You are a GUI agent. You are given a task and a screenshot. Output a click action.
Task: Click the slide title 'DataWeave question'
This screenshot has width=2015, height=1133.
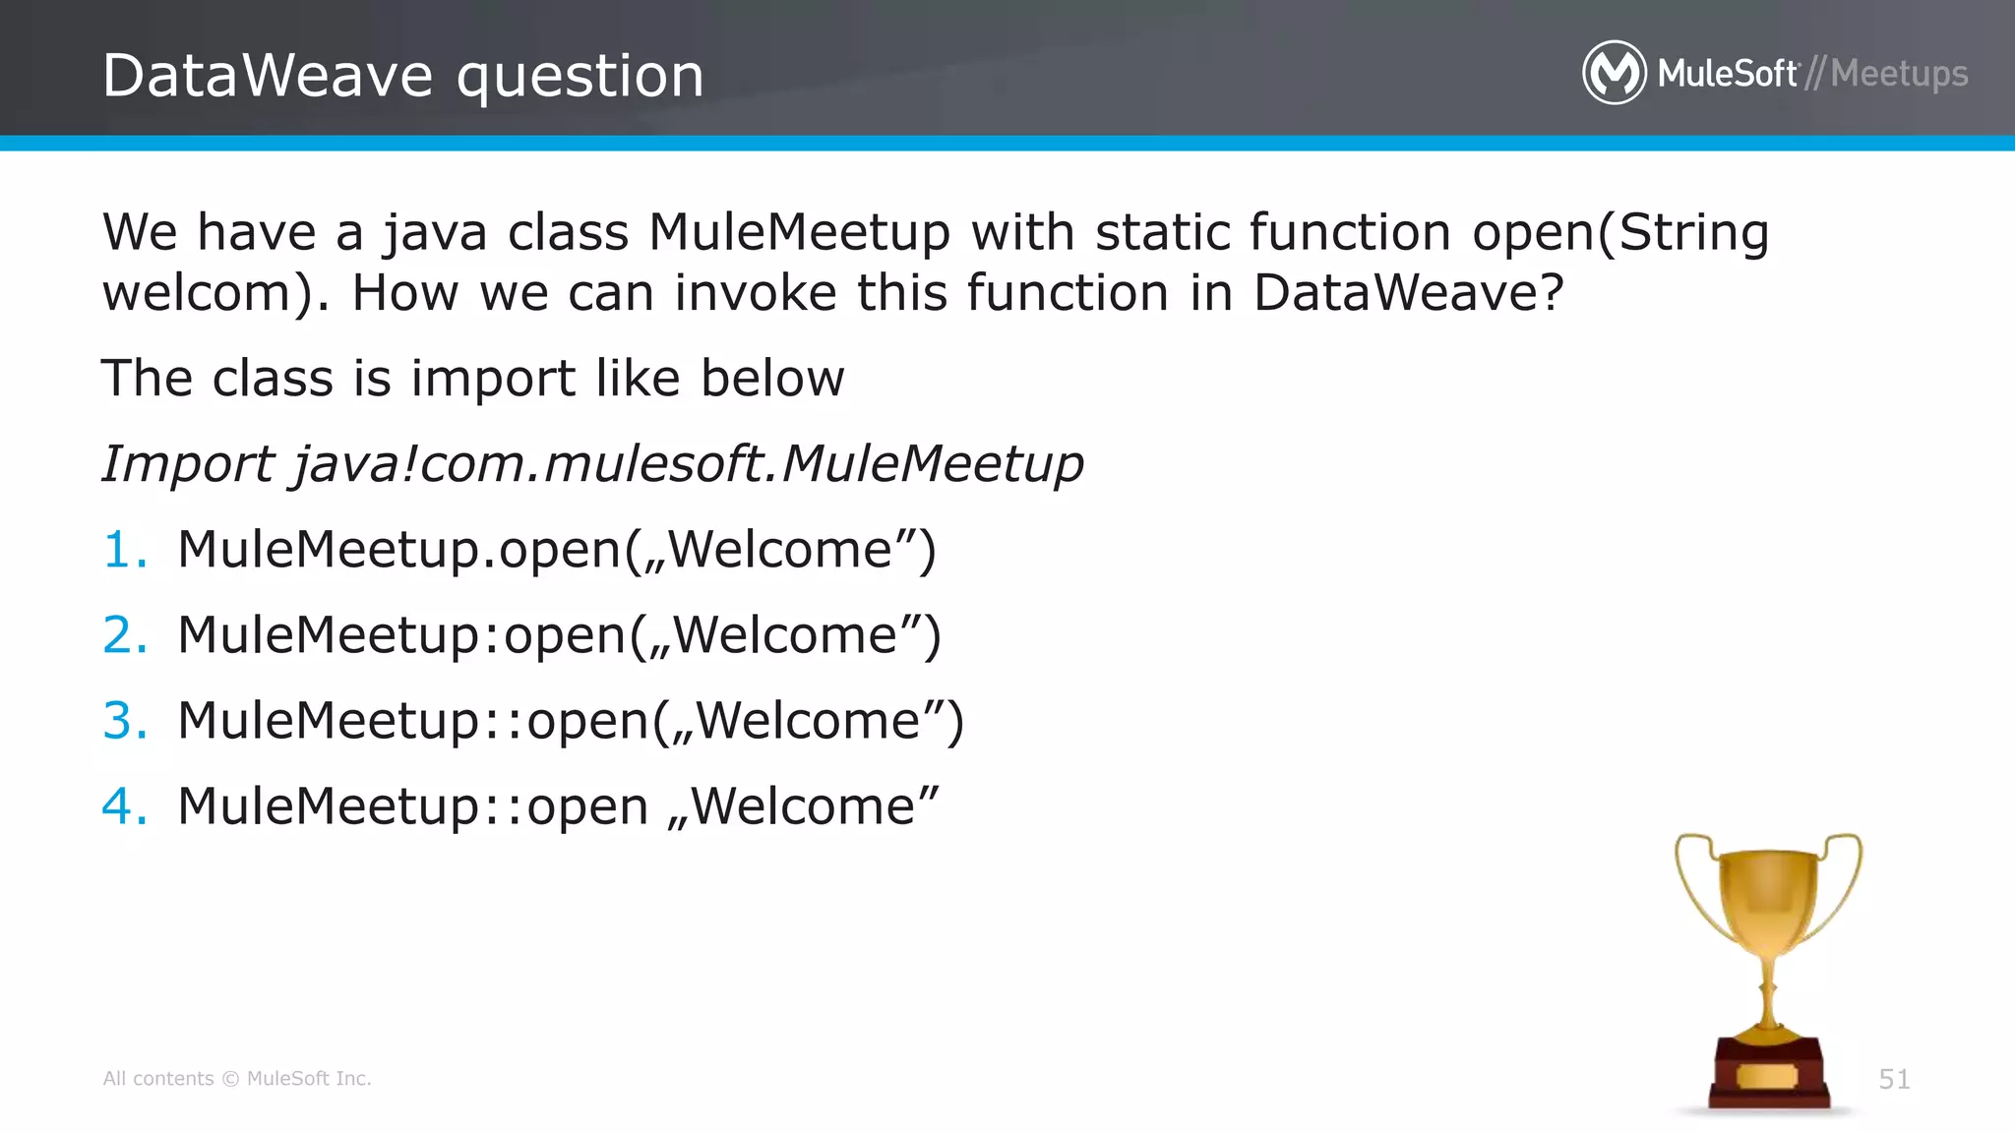coord(402,76)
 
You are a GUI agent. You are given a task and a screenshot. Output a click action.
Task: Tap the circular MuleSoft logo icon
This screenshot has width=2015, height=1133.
coord(1614,73)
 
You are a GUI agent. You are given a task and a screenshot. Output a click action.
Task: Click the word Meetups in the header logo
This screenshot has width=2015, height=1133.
coord(1899,74)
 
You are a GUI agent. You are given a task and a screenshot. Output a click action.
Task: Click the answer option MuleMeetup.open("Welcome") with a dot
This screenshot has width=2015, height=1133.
coord(556,549)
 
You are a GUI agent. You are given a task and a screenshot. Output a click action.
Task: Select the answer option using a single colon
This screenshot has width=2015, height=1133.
coord(559,634)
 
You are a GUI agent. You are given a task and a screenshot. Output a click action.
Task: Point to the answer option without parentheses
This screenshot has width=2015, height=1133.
coord(558,805)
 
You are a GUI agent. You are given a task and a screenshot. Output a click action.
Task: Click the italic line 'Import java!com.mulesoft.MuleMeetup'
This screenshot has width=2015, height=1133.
coord(592,463)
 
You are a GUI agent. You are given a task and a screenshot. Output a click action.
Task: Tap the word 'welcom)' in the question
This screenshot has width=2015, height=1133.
coord(216,293)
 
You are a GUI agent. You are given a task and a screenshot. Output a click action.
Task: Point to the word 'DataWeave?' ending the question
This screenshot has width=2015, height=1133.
coord(1408,293)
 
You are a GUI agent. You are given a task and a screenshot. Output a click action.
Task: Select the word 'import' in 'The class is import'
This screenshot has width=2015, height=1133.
coord(492,379)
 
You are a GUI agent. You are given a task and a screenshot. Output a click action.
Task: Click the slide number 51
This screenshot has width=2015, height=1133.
coord(1894,1079)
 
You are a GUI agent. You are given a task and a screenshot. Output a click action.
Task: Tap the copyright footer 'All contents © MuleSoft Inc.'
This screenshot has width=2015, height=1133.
coord(237,1079)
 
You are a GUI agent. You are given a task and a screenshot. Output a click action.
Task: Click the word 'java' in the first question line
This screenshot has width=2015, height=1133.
coord(434,233)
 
